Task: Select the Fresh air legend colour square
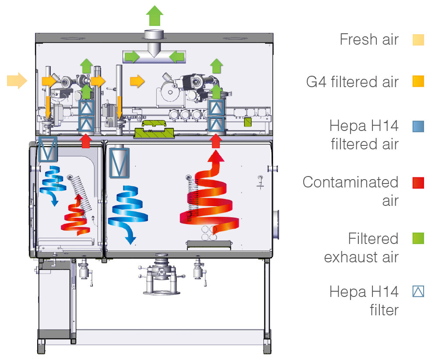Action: click(x=418, y=40)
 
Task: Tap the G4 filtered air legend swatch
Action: click(x=418, y=81)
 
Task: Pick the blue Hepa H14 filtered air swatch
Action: click(x=418, y=126)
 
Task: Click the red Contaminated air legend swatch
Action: click(x=418, y=183)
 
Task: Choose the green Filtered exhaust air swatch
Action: click(x=418, y=239)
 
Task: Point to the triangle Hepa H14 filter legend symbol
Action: click(x=418, y=291)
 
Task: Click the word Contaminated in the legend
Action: click(x=350, y=182)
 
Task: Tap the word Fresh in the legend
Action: click(x=356, y=39)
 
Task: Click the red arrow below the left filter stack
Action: click(x=86, y=141)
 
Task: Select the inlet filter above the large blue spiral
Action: click(x=119, y=162)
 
